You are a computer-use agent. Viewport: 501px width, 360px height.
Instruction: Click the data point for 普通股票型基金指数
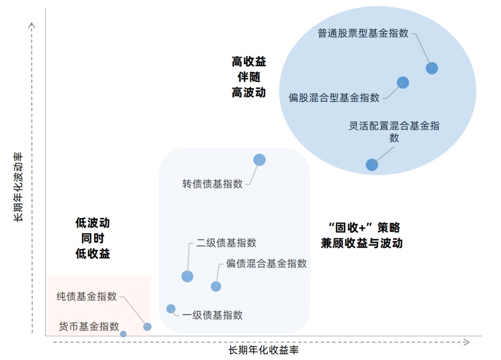(x=432, y=68)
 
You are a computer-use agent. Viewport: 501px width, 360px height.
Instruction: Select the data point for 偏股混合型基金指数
(x=403, y=83)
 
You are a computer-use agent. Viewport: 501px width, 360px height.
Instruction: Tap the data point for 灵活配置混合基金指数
(x=372, y=164)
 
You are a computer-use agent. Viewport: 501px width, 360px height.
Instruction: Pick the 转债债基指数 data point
(x=259, y=160)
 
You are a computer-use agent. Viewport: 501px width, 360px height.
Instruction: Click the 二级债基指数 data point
(x=187, y=276)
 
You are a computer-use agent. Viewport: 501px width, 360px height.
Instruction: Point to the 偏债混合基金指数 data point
(x=216, y=286)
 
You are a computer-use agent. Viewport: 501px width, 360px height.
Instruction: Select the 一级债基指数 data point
(x=171, y=309)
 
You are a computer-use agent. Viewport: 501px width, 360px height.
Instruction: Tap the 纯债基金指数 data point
(x=147, y=327)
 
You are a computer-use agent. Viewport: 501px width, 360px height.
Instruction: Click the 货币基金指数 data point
(x=123, y=334)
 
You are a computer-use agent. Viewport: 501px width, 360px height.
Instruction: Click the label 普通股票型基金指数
(x=363, y=33)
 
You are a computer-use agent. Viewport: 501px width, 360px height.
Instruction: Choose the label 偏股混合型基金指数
(x=334, y=97)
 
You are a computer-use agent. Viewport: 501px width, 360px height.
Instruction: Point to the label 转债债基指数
(x=212, y=184)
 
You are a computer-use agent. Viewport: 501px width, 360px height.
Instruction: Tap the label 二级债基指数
(x=226, y=243)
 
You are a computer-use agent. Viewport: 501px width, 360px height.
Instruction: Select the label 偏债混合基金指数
(x=266, y=264)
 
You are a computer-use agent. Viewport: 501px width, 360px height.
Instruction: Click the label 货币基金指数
(x=89, y=326)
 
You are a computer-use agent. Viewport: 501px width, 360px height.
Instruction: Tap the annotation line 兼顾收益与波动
(x=361, y=243)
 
